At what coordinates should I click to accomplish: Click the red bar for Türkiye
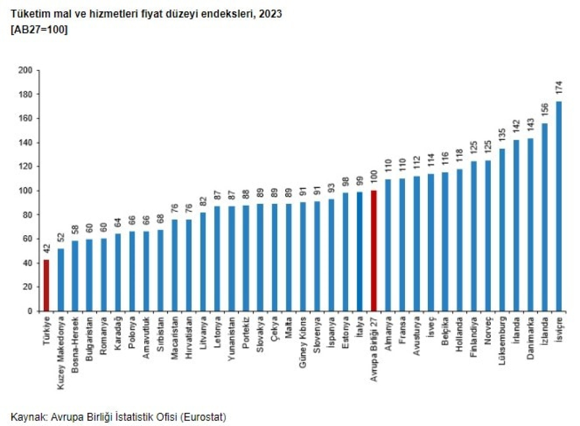tap(47, 285)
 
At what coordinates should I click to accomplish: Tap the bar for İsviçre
tap(558, 206)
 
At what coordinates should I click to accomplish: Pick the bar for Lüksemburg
tap(502, 229)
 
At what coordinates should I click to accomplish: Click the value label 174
tap(558, 89)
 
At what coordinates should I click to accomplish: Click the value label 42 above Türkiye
tap(47, 248)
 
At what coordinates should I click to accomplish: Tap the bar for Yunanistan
tap(231, 258)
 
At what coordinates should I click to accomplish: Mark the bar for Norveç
tap(487, 236)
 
